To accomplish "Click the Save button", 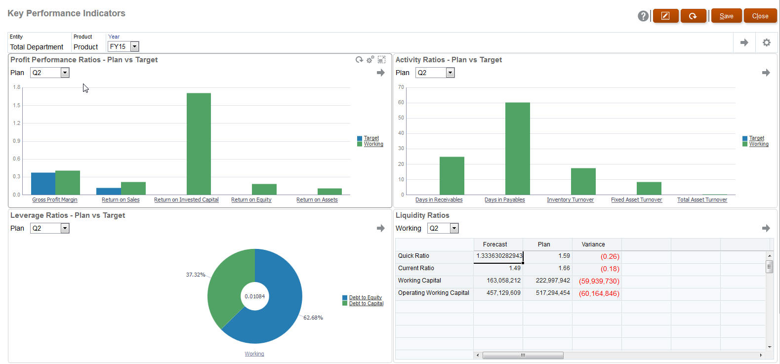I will [x=726, y=16].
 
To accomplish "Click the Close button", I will [x=760, y=16].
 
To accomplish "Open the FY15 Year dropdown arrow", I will [x=134, y=46].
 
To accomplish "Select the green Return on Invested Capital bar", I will [x=199, y=143].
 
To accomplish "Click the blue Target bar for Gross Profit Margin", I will [x=43, y=183].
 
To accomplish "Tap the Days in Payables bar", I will [x=517, y=148].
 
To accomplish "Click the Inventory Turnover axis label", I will [x=570, y=200].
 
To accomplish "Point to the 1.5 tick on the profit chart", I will [x=17, y=105].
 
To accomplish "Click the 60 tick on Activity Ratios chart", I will [x=401, y=102].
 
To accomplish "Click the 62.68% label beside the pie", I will [x=313, y=318].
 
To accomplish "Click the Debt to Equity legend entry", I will [x=365, y=297].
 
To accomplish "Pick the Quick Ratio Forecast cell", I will [x=498, y=256].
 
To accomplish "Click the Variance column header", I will [x=593, y=244].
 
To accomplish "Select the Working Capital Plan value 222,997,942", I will [x=552, y=281].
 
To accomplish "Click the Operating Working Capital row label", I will [x=433, y=293].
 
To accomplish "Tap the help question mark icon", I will [x=643, y=16].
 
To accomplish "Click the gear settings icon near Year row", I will [x=766, y=42].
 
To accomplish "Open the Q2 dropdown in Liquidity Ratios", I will [x=454, y=228].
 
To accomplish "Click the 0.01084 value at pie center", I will [x=255, y=296].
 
